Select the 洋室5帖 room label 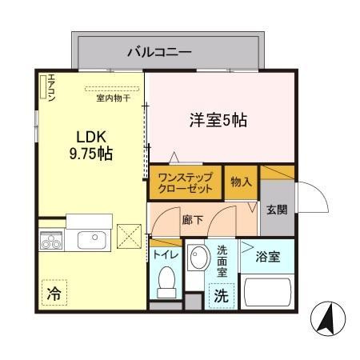217,121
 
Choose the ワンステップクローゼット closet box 185,183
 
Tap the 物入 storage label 242,182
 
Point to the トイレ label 165,255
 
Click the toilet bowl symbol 166,281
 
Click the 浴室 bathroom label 267,258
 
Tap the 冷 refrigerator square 53,293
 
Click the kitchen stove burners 53,239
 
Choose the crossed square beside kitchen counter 129,238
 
